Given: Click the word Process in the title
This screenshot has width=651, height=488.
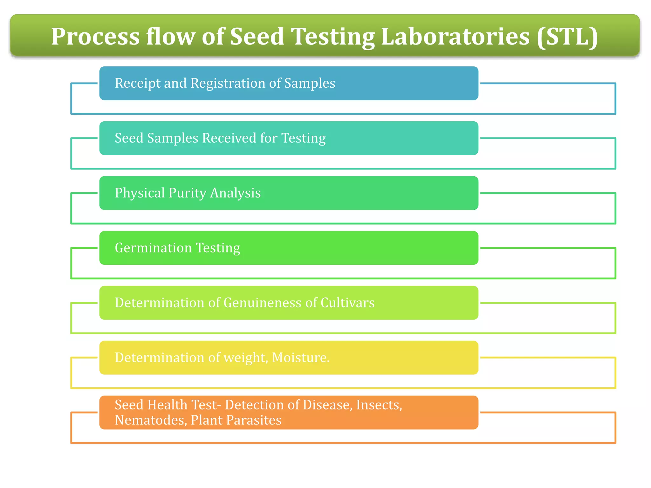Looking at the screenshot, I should tap(95, 37).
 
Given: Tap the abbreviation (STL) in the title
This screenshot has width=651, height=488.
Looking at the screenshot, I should tap(567, 37).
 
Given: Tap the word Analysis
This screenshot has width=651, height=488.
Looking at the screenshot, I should tap(235, 193).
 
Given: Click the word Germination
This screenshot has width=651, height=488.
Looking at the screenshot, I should tap(153, 248).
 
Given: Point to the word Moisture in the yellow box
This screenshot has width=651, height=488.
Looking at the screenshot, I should tap(300, 358).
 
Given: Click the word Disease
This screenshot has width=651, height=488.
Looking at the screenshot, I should tap(327, 405).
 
